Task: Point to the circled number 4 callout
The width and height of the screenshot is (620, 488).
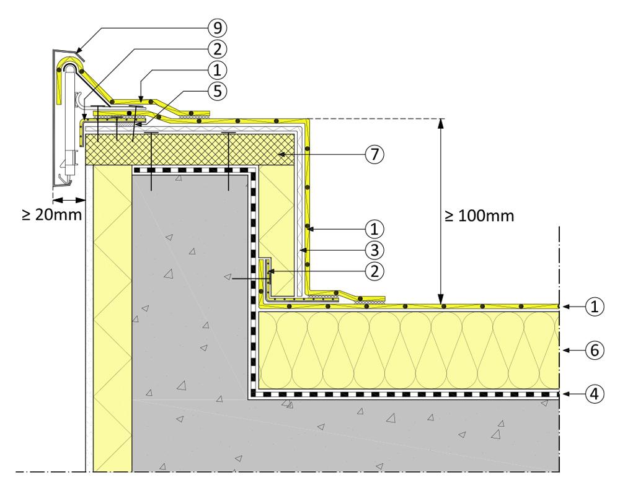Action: [593, 394]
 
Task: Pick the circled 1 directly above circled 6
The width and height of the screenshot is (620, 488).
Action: [593, 306]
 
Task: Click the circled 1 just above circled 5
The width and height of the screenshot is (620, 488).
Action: [218, 70]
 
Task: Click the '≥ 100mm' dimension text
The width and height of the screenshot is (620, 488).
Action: [479, 217]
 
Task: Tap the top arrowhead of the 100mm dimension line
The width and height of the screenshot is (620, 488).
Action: [441, 123]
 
